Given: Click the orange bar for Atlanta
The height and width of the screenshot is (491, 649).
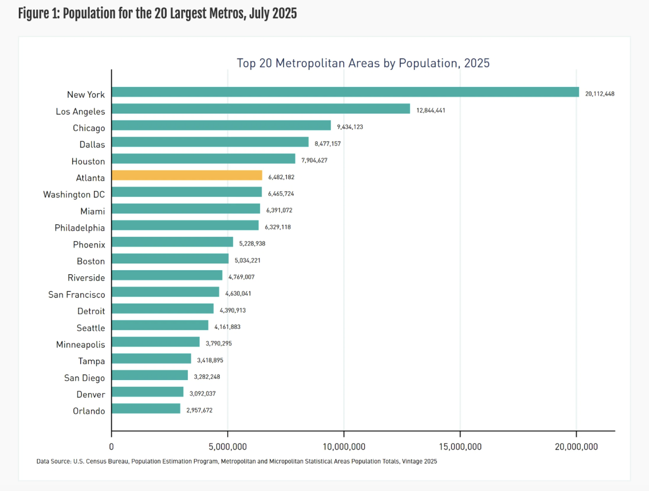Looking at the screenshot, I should pos(187,175).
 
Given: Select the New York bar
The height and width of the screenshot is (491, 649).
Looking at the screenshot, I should pos(345,92).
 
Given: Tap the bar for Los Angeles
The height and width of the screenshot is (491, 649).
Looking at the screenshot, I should pos(261,109).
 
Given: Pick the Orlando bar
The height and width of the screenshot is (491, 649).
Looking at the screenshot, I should pos(146,409).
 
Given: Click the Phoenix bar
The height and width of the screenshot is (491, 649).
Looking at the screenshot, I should pos(172,242).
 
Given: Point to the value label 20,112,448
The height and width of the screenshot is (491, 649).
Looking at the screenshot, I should pos(599,93).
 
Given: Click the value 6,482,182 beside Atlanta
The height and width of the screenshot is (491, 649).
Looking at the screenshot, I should pos(281,177).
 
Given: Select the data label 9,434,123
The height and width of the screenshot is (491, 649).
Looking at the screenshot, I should pos(350,127).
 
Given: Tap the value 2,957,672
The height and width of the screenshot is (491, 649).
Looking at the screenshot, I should pos(199,410).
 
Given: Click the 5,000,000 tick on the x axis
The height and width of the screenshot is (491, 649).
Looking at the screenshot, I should pos(227,447).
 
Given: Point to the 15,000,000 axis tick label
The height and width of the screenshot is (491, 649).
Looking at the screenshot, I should pos(459,447).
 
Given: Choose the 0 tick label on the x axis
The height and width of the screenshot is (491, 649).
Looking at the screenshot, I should pos(112,447).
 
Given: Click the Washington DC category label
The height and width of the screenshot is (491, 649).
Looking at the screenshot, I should pos(74,195).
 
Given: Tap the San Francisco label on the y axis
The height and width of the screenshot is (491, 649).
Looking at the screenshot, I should pos(77,294).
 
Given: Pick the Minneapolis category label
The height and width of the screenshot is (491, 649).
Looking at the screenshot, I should pos(80,344).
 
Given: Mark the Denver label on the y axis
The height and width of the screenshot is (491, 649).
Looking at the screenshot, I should pos(91,394).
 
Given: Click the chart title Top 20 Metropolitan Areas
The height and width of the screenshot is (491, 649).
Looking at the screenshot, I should pos(363,63).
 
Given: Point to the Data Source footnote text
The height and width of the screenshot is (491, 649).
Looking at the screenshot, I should pos(236,461).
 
